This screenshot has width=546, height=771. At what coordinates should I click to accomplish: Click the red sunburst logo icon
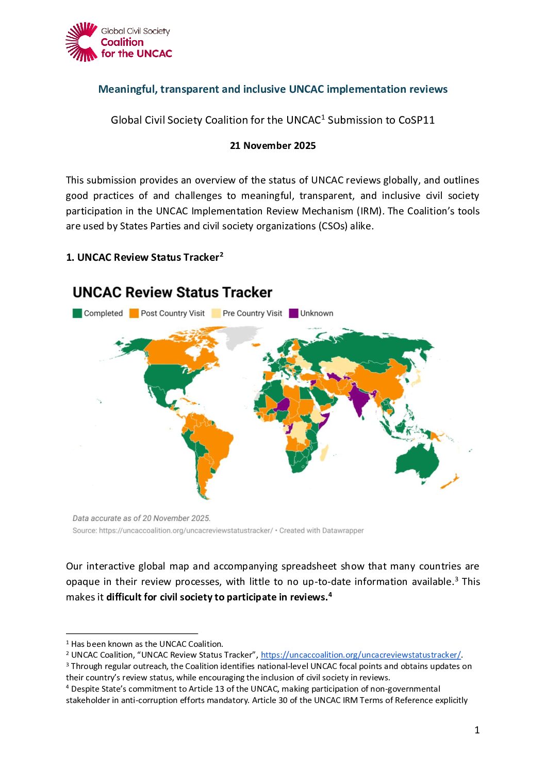coord(81,42)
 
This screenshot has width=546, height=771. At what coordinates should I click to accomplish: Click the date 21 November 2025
coord(273,146)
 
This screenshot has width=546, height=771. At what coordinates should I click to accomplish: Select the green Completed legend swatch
coord(77,313)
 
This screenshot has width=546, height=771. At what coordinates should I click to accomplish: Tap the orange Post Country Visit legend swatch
coord(134,313)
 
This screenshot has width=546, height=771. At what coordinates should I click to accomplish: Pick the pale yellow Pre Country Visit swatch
coord(216,313)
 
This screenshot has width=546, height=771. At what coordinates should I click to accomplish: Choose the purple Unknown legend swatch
coord(294,313)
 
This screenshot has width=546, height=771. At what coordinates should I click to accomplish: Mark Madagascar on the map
coord(324,453)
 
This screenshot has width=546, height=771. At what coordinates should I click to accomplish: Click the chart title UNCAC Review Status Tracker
coord(172,293)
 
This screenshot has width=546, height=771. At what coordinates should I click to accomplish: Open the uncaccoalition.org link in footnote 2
coord(360,655)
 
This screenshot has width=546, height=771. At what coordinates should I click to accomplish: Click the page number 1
coord(477,730)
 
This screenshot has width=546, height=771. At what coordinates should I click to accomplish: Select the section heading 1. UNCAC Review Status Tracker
coord(144,257)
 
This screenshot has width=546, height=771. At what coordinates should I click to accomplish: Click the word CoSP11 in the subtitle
coord(416,120)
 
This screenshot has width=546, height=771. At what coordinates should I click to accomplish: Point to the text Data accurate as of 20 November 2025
coord(141,518)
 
